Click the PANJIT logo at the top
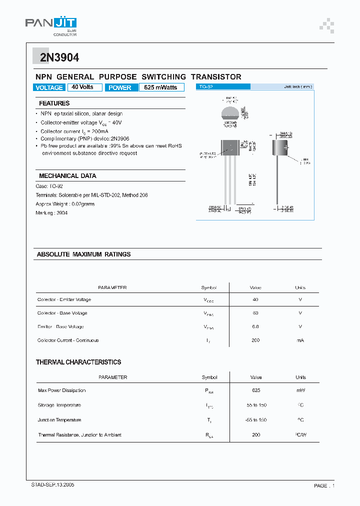click(51, 25)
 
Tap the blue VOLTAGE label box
click(49, 87)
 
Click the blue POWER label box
click(120, 87)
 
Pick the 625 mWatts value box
click(161, 87)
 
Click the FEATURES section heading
click(54, 103)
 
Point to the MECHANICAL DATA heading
click(67, 176)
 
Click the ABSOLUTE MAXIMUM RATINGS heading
click(83, 254)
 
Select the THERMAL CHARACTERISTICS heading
click(78, 362)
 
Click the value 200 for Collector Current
click(255, 340)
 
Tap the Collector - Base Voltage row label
click(62, 313)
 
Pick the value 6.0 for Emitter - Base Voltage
click(255, 327)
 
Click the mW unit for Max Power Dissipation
click(300, 390)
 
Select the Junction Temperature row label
click(59, 420)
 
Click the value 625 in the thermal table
click(255, 390)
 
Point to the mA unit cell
click(300, 340)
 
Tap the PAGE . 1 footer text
click(324, 485)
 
